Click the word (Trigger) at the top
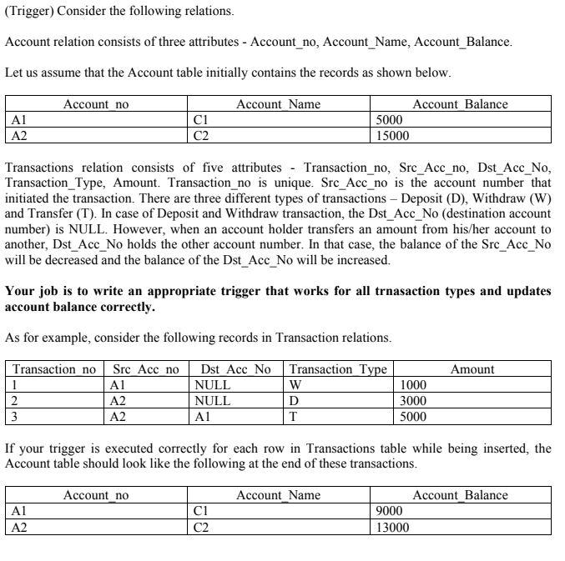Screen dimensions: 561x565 click(28, 13)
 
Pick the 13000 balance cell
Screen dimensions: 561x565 click(393, 527)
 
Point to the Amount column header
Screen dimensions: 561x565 click(472, 369)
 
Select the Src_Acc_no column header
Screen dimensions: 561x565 click(146, 369)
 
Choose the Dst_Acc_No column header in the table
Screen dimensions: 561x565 click(236, 369)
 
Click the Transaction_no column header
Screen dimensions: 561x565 click(55, 369)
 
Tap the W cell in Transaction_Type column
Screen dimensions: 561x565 click(295, 385)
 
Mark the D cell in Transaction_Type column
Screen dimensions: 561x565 click(293, 401)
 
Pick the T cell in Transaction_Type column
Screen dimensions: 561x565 click(292, 417)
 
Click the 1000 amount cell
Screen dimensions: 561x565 click(414, 385)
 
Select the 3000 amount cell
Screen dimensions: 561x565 click(414, 401)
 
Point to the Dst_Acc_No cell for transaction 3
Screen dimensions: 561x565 click(201, 417)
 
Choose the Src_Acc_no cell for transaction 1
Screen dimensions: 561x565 click(118, 385)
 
